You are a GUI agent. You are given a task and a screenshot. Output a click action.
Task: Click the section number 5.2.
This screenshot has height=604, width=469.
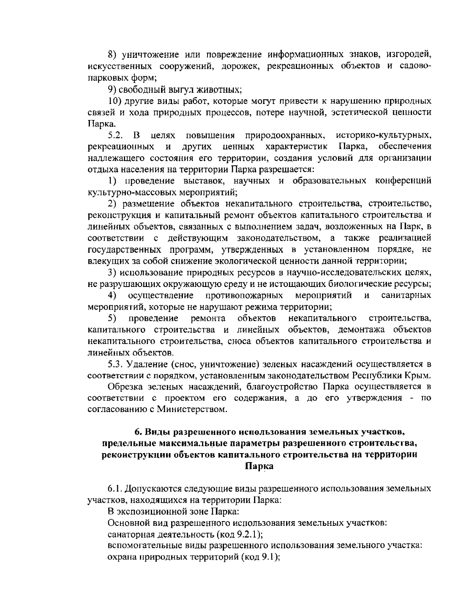point(116,136)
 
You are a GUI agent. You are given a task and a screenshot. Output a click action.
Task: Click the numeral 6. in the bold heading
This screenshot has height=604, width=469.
point(138,432)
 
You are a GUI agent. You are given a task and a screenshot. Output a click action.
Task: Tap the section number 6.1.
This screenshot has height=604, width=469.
point(116,489)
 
